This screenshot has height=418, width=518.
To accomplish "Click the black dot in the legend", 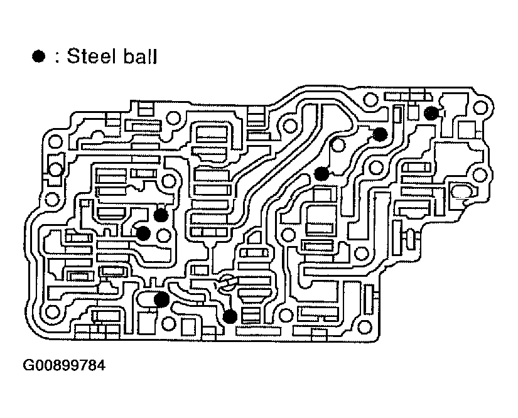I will click(x=39, y=57).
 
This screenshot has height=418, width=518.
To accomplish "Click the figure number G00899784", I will click(x=65, y=365).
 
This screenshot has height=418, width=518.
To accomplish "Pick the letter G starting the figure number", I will click(x=30, y=365).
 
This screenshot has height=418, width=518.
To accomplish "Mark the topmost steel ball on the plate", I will click(x=431, y=113).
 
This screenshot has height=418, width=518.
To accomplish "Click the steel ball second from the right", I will click(x=380, y=134).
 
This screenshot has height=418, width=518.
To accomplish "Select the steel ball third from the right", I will click(x=321, y=174).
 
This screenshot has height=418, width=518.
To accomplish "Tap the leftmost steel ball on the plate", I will click(x=143, y=233).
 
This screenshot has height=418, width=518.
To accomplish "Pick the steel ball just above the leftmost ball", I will click(x=161, y=215).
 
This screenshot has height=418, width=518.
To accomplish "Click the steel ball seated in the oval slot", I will click(x=161, y=299).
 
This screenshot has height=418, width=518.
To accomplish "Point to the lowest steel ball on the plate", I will click(x=230, y=316).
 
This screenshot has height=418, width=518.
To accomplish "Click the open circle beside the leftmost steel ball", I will click(x=165, y=236).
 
